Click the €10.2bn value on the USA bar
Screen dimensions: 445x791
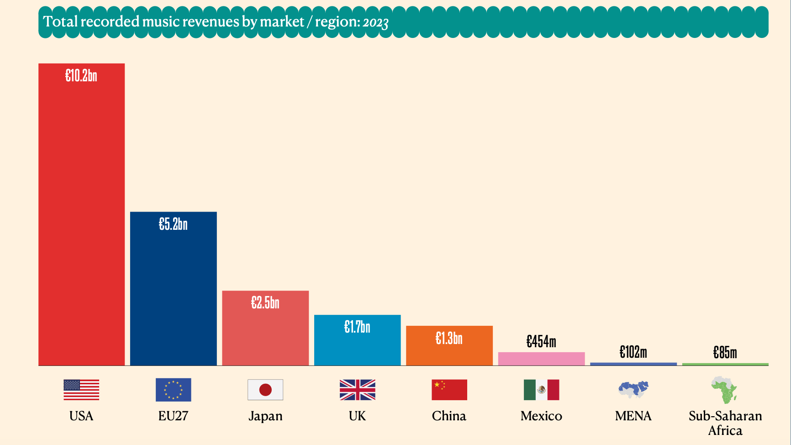click(x=81, y=76)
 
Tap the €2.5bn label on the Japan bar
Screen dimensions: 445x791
click(x=265, y=303)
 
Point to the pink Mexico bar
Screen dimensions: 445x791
click(x=541, y=359)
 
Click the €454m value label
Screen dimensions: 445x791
click(x=541, y=342)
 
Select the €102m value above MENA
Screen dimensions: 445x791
click(x=633, y=352)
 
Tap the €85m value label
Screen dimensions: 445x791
click(x=725, y=353)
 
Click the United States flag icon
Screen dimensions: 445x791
click(x=81, y=390)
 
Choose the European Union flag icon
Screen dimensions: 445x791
click(x=173, y=390)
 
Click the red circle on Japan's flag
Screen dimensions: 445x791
click(x=265, y=390)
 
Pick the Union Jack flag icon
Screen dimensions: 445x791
click(x=357, y=390)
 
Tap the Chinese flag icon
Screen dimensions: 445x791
click(x=449, y=390)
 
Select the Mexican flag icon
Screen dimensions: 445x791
click(x=541, y=390)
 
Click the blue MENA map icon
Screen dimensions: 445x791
click(x=633, y=389)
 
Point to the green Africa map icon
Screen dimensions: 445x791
click(x=724, y=390)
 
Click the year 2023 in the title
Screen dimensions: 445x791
click(x=375, y=22)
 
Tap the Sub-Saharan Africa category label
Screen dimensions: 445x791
click(x=725, y=423)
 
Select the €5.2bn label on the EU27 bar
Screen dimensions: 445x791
click(x=173, y=224)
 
